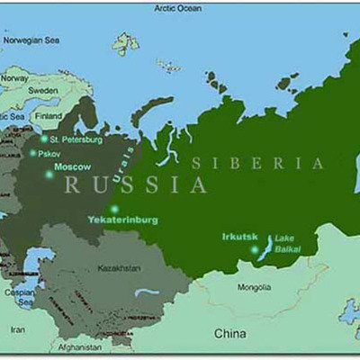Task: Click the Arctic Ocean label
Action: pyautogui.click(x=178, y=8)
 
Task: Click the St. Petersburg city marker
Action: pyautogui.click(x=44, y=139)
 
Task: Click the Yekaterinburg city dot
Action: pyautogui.click(x=114, y=209)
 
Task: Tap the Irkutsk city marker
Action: pyautogui.click(x=254, y=249)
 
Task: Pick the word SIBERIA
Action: pyautogui.click(x=257, y=163)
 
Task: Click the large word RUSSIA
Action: pyautogui.click(x=135, y=185)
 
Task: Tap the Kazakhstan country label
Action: pyautogui.click(x=119, y=268)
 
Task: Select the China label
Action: pyautogui.click(x=229, y=334)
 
